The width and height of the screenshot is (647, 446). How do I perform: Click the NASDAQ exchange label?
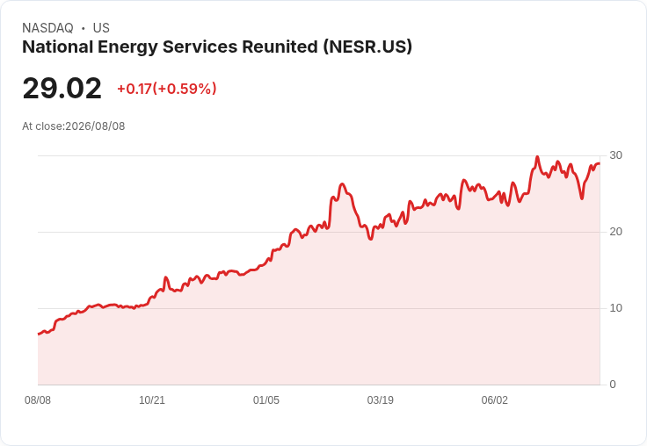coord(47,28)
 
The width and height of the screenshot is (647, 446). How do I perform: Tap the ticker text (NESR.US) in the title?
coord(367,47)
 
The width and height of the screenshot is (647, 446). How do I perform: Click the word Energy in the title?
coord(127,47)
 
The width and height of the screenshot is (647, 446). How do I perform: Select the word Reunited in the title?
coord(280,47)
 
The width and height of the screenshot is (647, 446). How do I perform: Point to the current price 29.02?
coord(62,88)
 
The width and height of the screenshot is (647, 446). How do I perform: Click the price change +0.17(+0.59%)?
coord(167,89)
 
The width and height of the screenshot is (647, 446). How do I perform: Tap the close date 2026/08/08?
coord(95,126)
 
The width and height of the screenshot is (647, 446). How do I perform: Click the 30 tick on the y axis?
coord(615,155)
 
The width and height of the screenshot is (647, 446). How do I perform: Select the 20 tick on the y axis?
coord(615,232)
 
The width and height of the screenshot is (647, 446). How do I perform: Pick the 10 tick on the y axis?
coord(615,308)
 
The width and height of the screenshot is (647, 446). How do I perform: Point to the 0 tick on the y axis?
coord(613,385)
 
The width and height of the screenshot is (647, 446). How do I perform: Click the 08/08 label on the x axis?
coord(38,400)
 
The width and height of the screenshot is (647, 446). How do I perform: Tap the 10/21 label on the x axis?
coord(152,400)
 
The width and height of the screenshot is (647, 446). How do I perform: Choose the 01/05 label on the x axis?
coord(266,400)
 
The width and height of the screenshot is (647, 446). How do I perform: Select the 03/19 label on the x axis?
coord(381,400)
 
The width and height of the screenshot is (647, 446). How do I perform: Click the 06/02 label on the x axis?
coord(495,400)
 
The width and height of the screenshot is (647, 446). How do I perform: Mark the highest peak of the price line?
coord(537,157)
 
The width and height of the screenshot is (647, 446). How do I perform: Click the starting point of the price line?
coord(39,334)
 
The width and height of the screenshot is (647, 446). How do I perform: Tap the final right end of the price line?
coord(600,163)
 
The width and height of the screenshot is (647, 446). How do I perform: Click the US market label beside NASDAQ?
coord(101,28)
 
